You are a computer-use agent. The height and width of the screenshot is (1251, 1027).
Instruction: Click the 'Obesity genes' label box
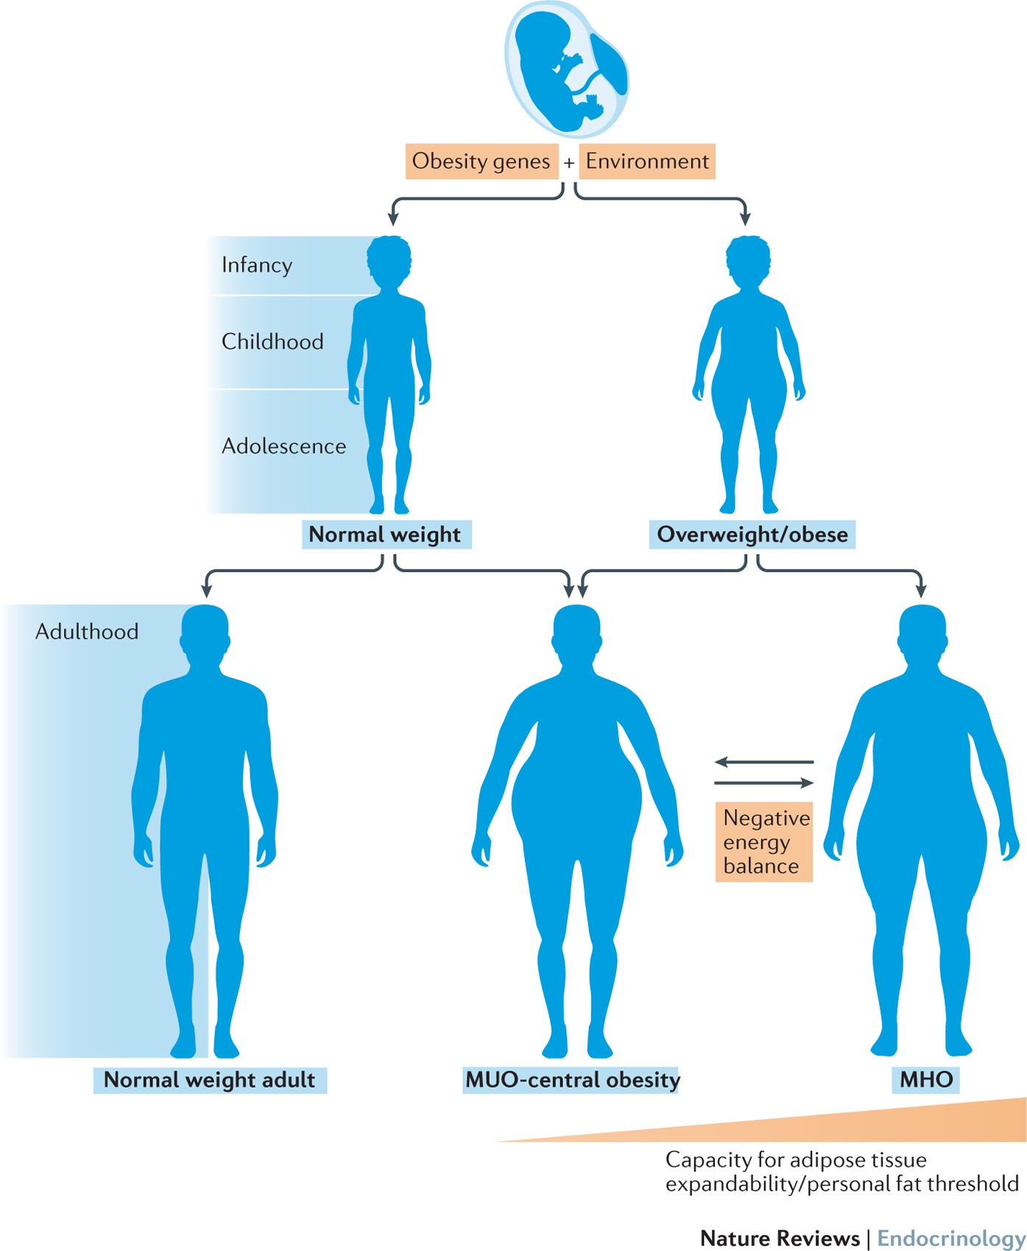pyautogui.click(x=480, y=161)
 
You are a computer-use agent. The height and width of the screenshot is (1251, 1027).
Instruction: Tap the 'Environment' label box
pyautogui.click(x=647, y=161)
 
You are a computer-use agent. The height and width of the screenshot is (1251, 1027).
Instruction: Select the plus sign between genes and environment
pyautogui.click(x=569, y=163)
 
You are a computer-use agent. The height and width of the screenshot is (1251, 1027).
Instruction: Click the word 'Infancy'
pyautogui.click(x=257, y=265)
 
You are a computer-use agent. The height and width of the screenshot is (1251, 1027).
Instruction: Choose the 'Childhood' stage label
pyautogui.click(x=272, y=342)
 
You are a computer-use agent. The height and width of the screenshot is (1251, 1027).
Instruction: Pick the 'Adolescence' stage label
pyautogui.click(x=283, y=446)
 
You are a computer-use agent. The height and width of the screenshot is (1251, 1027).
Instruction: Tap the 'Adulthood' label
pyautogui.click(x=87, y=632)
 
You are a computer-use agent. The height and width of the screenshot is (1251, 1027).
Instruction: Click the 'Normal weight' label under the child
pyautogui.click(x=385, y=535)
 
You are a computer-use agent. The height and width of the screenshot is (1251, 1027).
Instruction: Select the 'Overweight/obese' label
pyautogui.click(x=752, y=535)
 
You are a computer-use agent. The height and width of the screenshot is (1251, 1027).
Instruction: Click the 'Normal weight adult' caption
pyautogui.click(x=210, y=1080)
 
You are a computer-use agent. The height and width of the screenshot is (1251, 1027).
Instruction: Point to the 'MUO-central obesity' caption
pyautogui.click(x=572, y=1080)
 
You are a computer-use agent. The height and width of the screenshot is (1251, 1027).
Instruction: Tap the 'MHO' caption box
pyautogui.click(x=926, y=1080)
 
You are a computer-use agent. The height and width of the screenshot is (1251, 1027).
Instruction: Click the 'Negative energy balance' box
pyautogui.click(x=764, y=842)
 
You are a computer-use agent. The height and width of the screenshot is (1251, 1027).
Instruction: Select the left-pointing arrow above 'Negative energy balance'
pyautogui.click(x=763, y=762)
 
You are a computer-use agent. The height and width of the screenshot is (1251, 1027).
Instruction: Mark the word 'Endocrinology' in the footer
pyautogui.click(x=950, y=1238)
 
